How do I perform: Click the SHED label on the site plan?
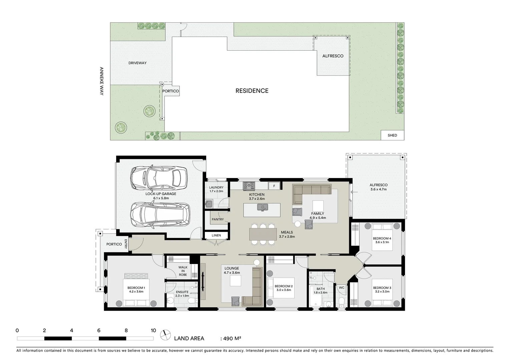392,135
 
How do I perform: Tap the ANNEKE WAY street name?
102,81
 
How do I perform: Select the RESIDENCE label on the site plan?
252,91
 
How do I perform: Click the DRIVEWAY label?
137,63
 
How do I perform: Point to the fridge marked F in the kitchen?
274,186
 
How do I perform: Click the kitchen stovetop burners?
248,185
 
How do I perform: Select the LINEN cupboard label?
216,235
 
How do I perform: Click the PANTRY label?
217,219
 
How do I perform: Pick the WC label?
342,287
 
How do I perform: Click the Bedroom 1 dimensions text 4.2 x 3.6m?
136,292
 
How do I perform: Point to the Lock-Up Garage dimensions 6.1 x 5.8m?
161,198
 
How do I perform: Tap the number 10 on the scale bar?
153,331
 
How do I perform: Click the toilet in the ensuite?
192,301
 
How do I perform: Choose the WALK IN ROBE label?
183,271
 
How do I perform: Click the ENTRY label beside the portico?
126,244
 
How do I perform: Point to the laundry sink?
209,203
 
